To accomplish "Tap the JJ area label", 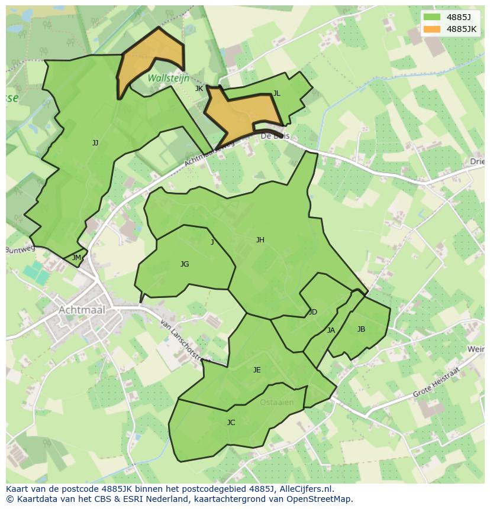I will pos(95,143).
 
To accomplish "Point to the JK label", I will pos(199,89).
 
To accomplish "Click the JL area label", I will pos(276,93).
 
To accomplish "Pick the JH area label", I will pos(260,240).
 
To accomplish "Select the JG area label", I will pos(185,264).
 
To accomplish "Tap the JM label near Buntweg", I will pos(76,258).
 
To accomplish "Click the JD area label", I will pos(313,312).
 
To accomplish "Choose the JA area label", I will pos(331,330).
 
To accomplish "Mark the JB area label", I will pos(361,329).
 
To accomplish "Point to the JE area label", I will pos(257,370).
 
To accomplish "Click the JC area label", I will pos(231,423).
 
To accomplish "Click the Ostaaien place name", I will pos(276,403).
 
